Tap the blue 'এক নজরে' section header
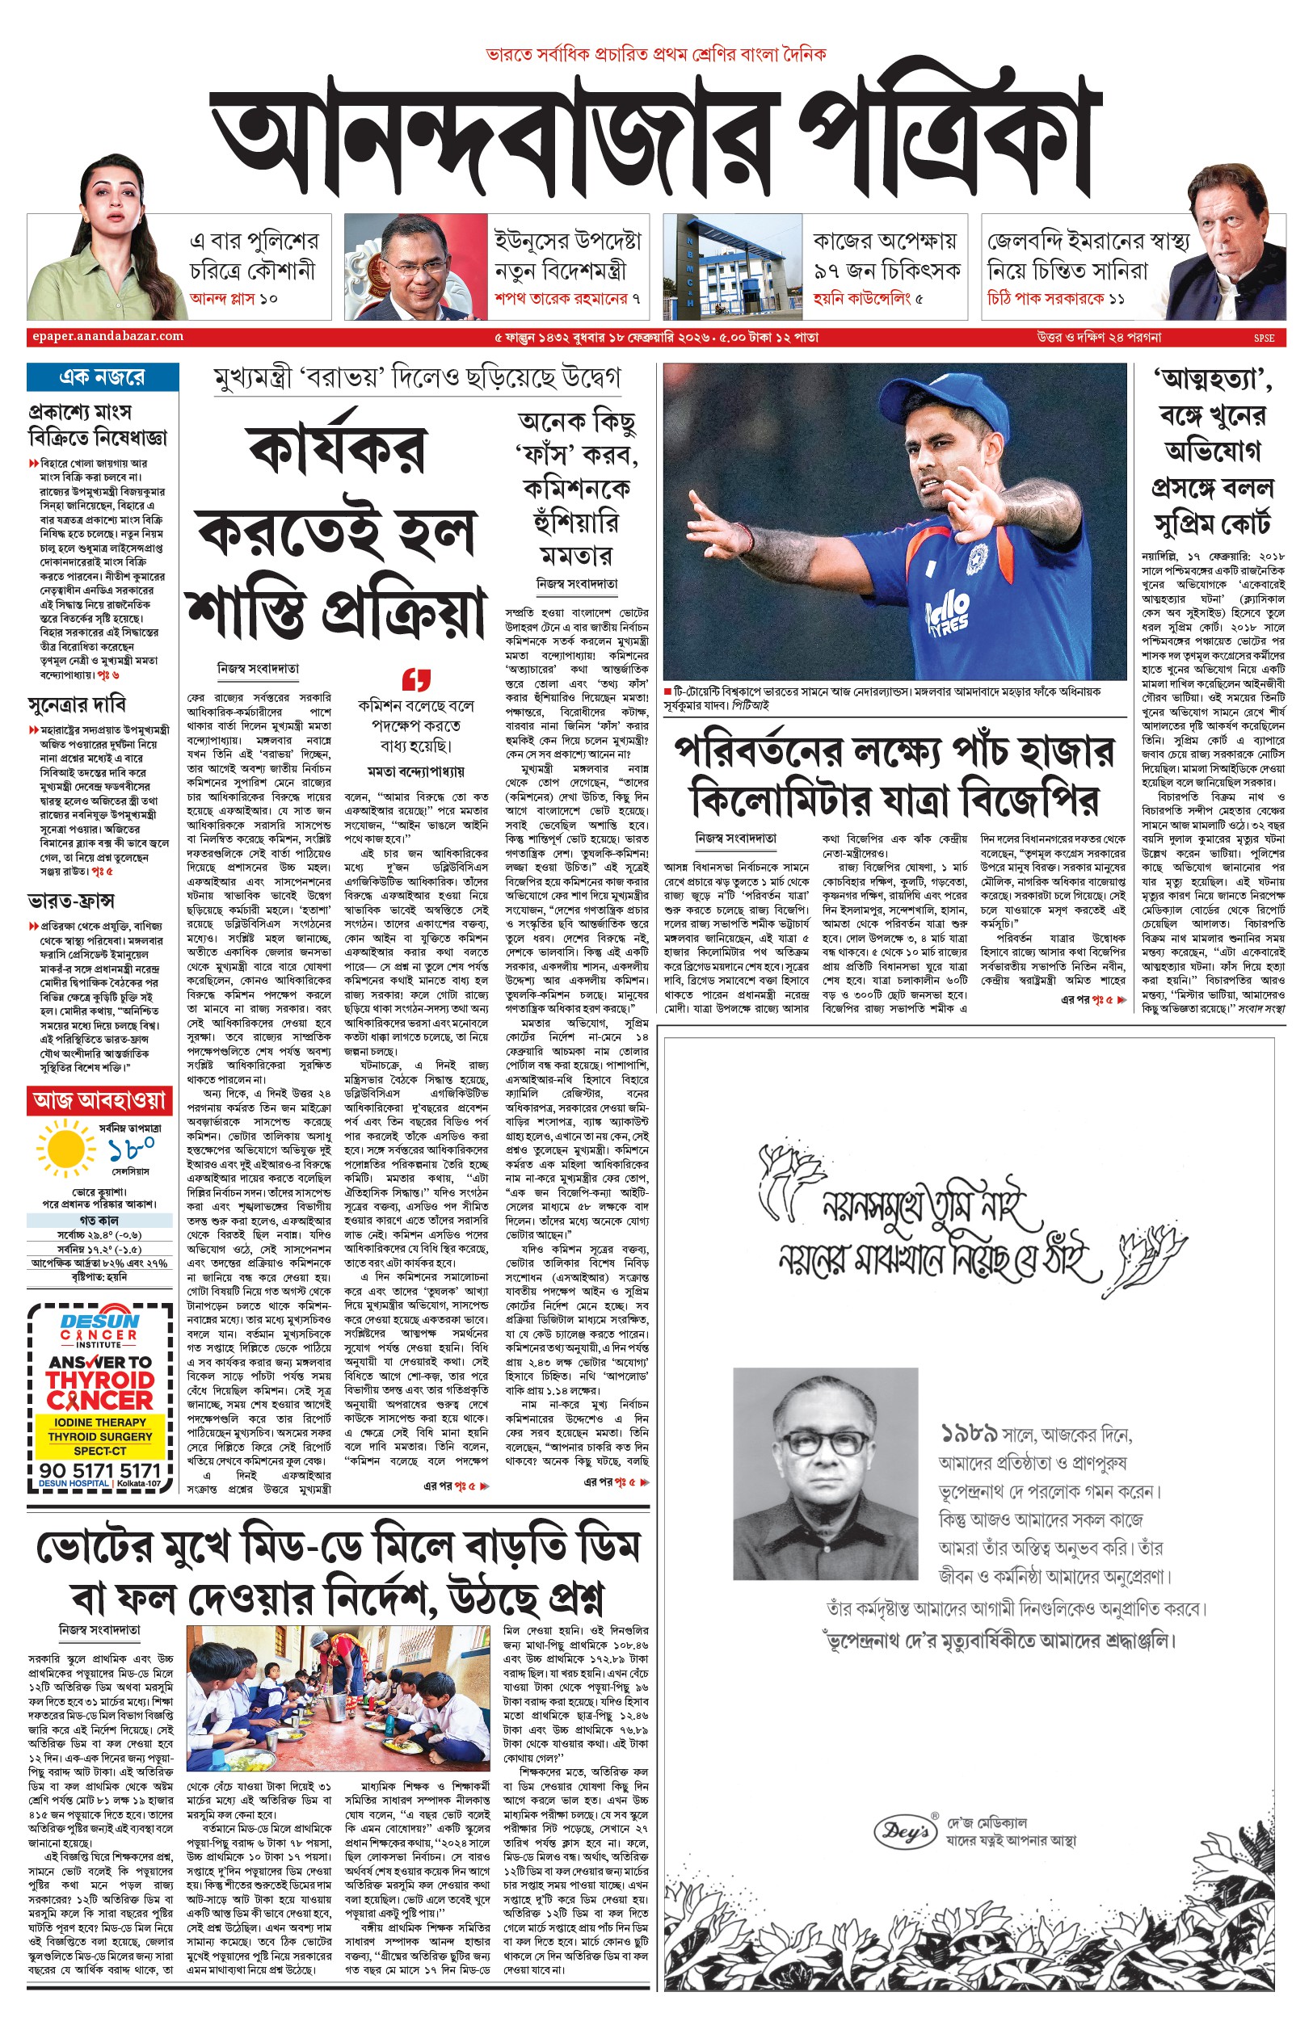coord(103,376)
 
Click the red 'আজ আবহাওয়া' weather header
coord(99,1100)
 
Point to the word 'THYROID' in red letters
coord(99,1381)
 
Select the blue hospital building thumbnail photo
coord(732,266)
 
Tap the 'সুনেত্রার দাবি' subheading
coord(77,704)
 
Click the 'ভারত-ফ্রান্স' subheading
coord(71,901)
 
